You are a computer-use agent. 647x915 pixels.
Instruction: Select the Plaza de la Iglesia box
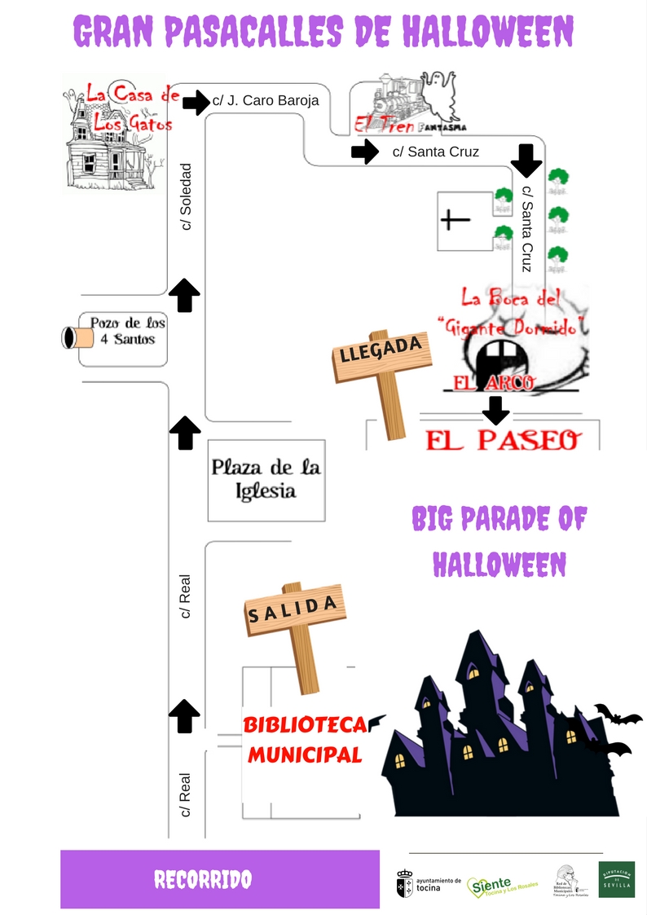coord(266,480)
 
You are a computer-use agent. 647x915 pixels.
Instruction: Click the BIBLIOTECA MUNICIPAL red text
coord(303,739)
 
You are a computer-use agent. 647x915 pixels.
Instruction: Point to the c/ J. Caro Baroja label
coord(265,101)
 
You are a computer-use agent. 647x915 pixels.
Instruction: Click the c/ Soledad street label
coord(186,196)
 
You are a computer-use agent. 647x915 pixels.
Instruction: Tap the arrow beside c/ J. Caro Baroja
coord(196,103)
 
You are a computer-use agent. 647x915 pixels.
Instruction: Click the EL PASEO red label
coord(504,440)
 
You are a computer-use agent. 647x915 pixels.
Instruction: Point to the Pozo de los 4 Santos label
coord(127,330)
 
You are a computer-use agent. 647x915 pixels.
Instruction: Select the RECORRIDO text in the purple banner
coord(203,879)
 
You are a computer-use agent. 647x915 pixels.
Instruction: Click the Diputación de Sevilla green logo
coord(617,880)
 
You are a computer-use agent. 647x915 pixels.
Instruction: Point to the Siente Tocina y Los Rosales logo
coord(502,886)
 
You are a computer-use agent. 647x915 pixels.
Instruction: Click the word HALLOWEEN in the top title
coord(487,32)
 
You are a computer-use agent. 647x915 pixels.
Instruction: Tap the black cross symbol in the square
coord(455,220)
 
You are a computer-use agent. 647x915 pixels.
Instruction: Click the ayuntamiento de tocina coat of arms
coord(404,884)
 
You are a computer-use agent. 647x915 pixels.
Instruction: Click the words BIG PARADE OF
coord(499,518)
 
